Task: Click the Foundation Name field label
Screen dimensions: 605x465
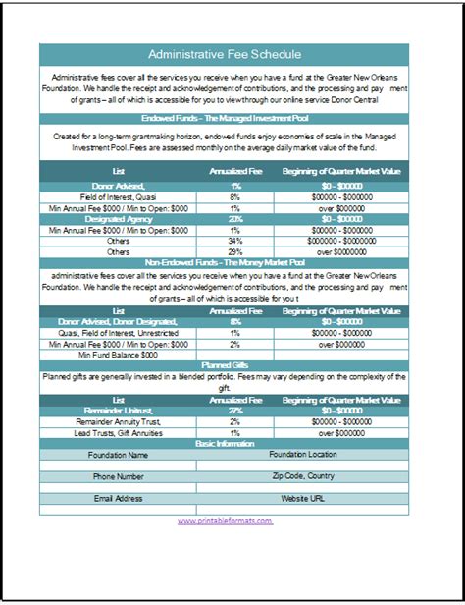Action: (x=118, y=456)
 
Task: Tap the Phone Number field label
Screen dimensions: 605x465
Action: (x=118, y=476)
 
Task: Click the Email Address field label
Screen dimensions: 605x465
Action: (x=118, y=498)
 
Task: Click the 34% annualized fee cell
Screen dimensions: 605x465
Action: (x=235, y=240)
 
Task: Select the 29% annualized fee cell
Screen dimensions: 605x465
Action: (x=235, y=251)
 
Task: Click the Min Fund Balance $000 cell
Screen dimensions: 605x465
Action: (x=118, y=354)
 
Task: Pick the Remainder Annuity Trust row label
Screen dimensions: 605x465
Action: (x=118, y=420)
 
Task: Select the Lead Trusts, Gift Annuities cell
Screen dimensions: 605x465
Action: (x=118, y=432)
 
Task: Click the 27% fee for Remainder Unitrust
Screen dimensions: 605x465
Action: (x=235, y=410)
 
